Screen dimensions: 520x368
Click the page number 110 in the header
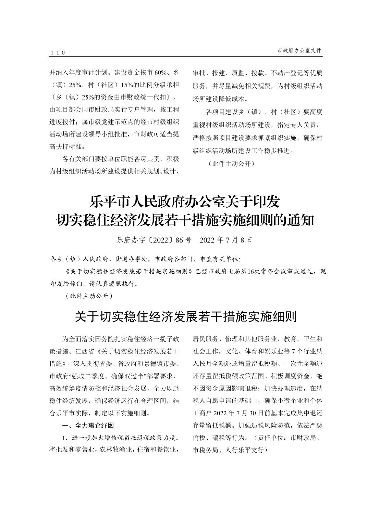[58, 53]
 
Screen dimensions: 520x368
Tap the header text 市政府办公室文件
[299, 50]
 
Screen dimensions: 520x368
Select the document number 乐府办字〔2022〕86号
[154, 240]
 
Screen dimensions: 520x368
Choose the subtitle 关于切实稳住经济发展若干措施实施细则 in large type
[185, 317]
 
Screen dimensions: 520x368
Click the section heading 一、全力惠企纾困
[88, 426]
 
